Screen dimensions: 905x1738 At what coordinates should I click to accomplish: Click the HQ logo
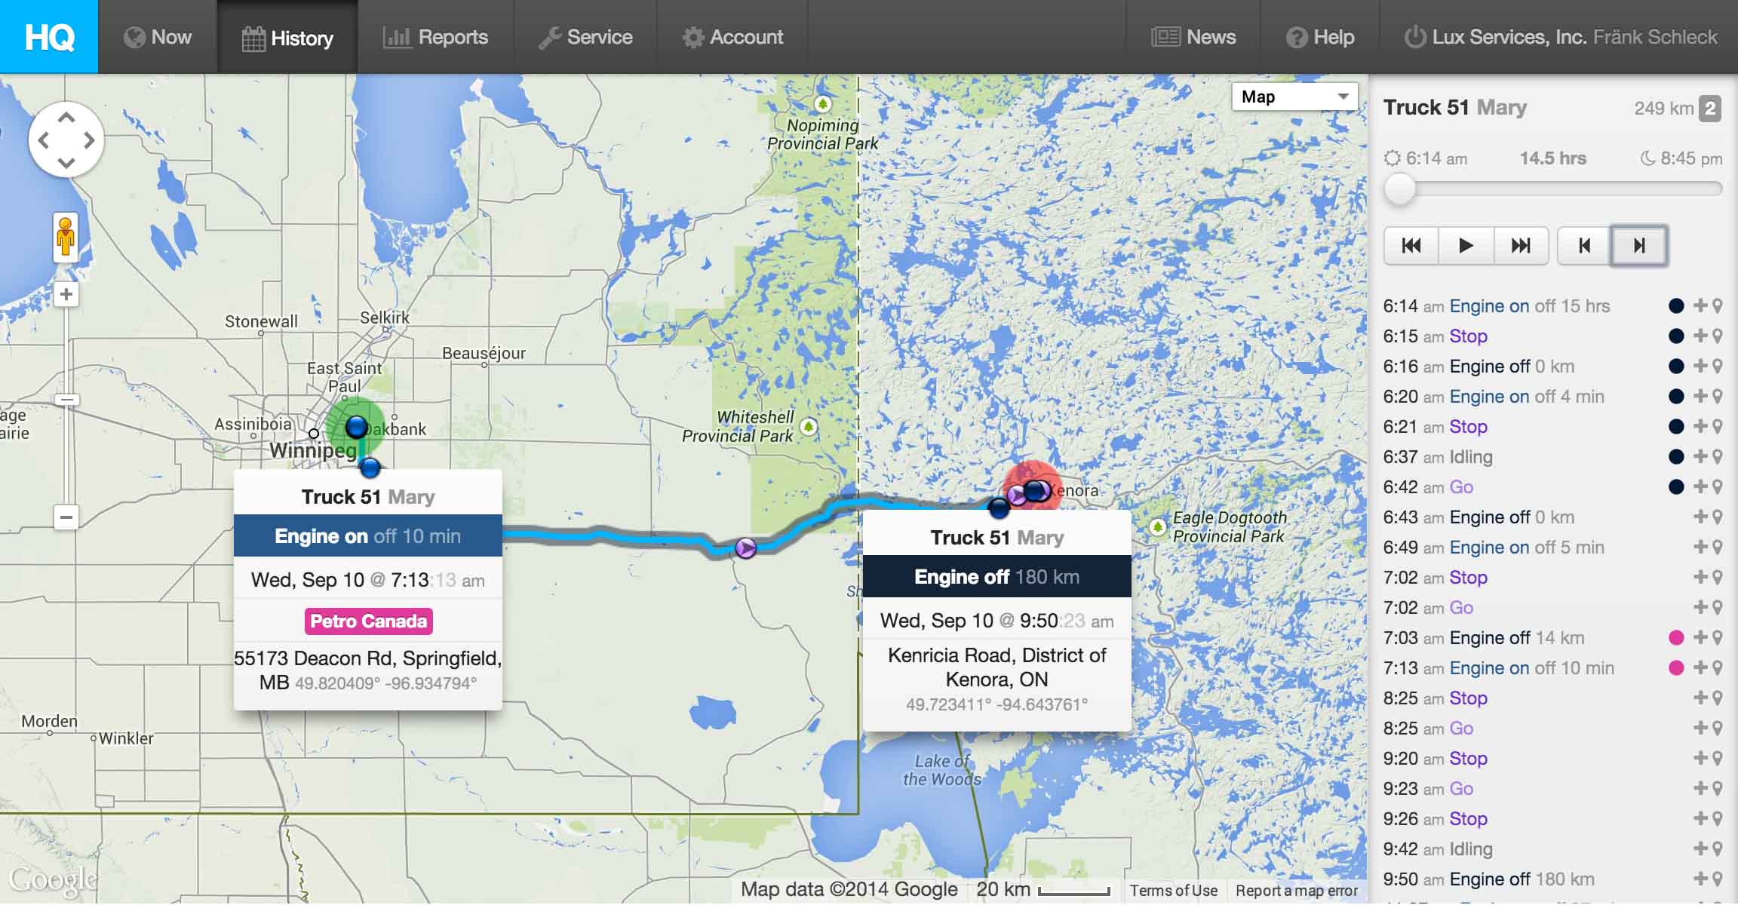coord(49,37)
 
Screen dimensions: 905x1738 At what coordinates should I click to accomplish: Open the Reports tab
coord(436,37)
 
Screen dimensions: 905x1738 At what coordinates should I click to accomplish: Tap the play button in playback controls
coord(1466,245)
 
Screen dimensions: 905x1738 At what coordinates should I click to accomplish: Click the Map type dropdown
coord(1294,97)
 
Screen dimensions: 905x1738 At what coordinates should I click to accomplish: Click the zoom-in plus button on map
coord(66,294)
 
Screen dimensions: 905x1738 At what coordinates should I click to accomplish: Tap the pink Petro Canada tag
coord(368,621)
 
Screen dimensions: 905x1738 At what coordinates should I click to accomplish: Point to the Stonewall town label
coord(261,321)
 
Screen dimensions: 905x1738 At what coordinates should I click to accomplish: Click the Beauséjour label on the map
coord(484,353)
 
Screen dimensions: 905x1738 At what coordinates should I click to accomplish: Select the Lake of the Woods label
coord(942,770)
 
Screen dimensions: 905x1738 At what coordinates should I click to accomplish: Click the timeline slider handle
coord(1400,189)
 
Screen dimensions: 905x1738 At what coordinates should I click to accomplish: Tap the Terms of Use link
coord(1173,891)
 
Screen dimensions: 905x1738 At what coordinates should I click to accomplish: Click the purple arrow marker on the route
coord(745,548)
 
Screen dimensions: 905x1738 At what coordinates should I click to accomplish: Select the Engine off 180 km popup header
coord(996,577)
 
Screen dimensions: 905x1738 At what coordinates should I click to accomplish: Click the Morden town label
coord(49,721)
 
